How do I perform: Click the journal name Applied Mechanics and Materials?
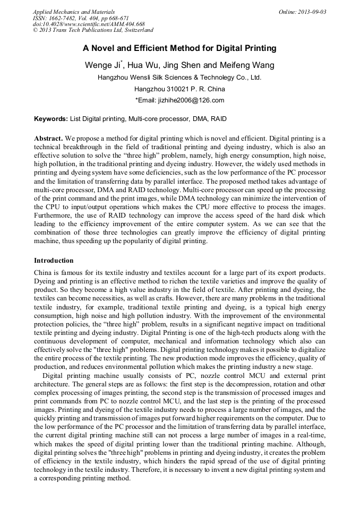click(x=73, y=12)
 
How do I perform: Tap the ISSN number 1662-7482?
click(x=68, y=18)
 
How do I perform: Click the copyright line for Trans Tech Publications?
click(x=93, y=31)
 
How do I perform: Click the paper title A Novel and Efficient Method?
click(x=179, y=48)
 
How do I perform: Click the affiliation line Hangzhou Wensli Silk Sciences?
click(x=179, y=77)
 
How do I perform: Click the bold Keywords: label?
click(x=51, y=119)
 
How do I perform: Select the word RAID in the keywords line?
click(x=219, y=119)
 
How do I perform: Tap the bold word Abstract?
click(x=48, y=137)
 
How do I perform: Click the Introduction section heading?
click(x=54, y=261)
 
